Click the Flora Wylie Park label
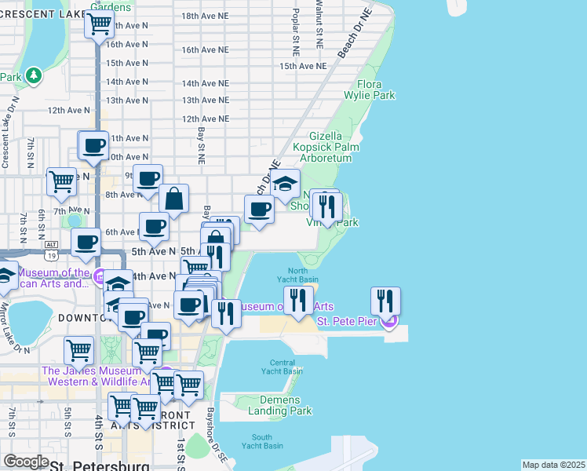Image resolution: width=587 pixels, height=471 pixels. (x=364, y=89)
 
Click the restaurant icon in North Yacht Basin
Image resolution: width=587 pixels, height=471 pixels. (x=298, y=301)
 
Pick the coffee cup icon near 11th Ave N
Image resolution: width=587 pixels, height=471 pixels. (x=94, y=145)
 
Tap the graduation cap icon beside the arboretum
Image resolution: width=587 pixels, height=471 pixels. (x=286, y=184)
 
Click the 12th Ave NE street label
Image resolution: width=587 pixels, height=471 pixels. (x=205, y=119)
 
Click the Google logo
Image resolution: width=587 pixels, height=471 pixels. (x=26, y=462)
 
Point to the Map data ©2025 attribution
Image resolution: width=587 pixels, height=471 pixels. (x=553, y=465)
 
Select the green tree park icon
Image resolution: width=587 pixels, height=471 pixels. (x=33, y=76)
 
